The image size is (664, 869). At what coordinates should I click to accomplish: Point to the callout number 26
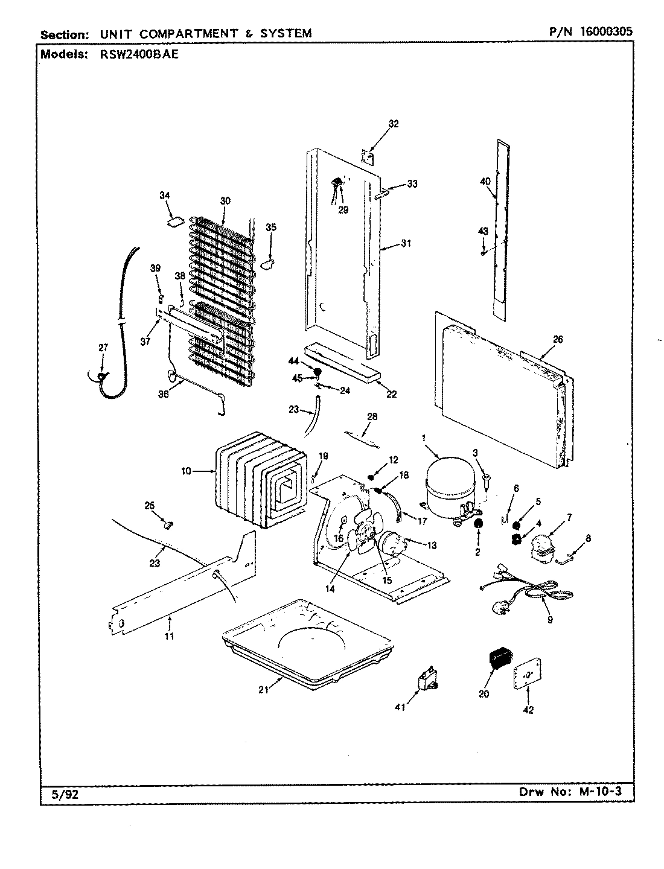pyautogui.click(x=557, y=340)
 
